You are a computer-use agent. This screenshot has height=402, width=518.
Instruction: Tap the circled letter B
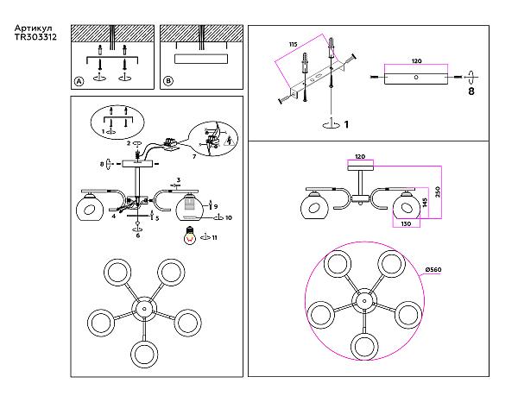point(168,81)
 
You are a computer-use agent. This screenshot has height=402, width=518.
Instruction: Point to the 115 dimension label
point(293,44)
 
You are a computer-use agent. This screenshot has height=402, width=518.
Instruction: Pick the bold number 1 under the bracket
point(346,124)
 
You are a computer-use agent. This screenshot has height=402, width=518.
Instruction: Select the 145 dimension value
point(423,204)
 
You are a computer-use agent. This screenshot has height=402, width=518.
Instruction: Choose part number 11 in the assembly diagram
point(214,236)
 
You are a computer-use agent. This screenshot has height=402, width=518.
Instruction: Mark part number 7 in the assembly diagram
point(194,158)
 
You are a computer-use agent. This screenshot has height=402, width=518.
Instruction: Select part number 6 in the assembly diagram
point(138,235)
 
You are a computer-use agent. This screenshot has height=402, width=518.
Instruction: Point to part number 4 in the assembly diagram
point(113,216)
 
